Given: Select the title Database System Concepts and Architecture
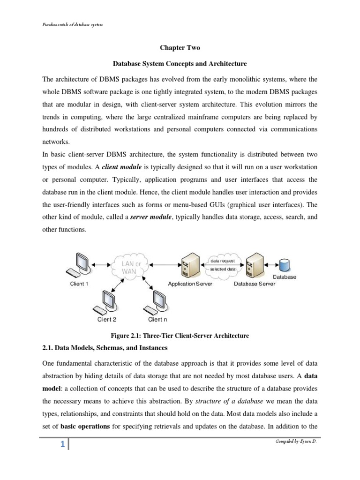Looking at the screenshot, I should [x=180, y=63].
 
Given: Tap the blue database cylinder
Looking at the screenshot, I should [x=285, y=265].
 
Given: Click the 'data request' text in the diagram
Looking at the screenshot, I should [x=225, y=260].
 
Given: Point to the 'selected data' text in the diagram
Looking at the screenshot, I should [x=226, y=270].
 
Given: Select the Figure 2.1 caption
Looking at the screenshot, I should [x=180, y=336].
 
